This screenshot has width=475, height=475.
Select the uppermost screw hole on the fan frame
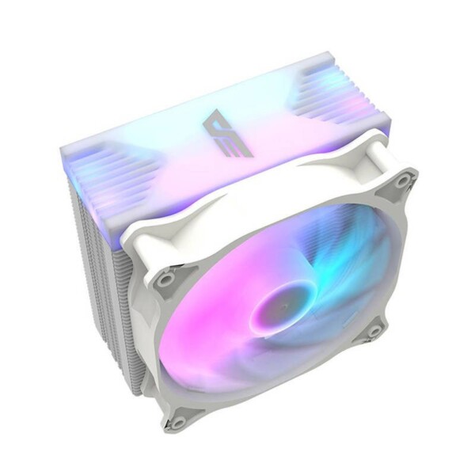pos(403,182)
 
